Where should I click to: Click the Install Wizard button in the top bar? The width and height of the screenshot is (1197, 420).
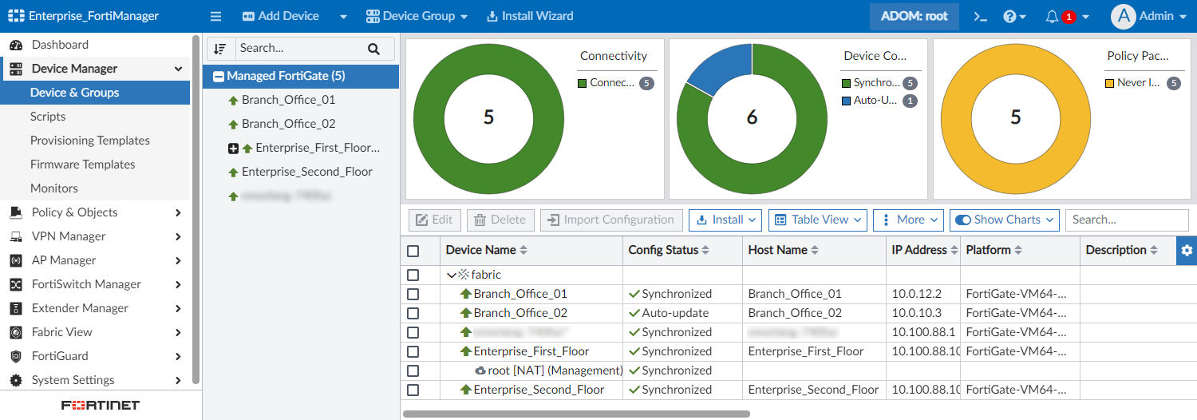530,16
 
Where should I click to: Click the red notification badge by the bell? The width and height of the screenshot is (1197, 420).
1069,17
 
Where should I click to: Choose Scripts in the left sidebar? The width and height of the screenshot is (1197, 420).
48,117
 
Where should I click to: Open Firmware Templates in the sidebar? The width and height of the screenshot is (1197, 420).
83,164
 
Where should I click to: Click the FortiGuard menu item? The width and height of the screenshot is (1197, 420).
60,356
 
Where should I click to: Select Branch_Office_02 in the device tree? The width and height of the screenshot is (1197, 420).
288,124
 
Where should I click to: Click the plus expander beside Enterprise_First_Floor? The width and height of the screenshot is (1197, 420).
233,149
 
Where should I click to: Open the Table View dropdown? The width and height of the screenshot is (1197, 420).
818,220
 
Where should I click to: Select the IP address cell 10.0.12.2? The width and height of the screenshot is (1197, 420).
917,294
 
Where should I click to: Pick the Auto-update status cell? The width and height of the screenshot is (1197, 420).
675,313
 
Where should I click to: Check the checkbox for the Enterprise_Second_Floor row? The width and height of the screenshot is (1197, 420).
413,390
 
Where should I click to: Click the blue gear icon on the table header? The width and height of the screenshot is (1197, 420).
1187,250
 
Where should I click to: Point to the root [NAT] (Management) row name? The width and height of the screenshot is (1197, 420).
555,370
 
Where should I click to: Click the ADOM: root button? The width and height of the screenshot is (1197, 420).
914,16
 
